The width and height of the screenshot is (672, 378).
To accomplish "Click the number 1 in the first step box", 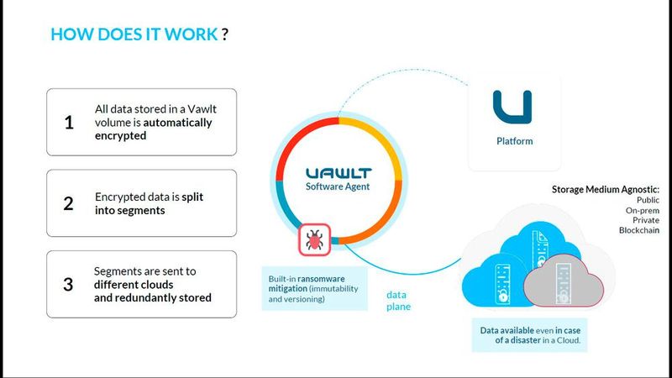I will click(69, 123).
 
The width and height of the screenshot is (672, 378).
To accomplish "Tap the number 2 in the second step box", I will click(69, 203).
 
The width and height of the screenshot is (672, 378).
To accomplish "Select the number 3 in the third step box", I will click(69, 284).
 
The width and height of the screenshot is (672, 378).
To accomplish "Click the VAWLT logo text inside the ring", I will click(336, 172).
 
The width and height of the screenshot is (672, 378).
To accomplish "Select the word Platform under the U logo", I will click(514, 141).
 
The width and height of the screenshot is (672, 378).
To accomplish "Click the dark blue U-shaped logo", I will click(512, 108).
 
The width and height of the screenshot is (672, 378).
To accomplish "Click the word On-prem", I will click(641, 210).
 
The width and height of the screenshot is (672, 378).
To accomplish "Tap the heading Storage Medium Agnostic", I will click(605, 189).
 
